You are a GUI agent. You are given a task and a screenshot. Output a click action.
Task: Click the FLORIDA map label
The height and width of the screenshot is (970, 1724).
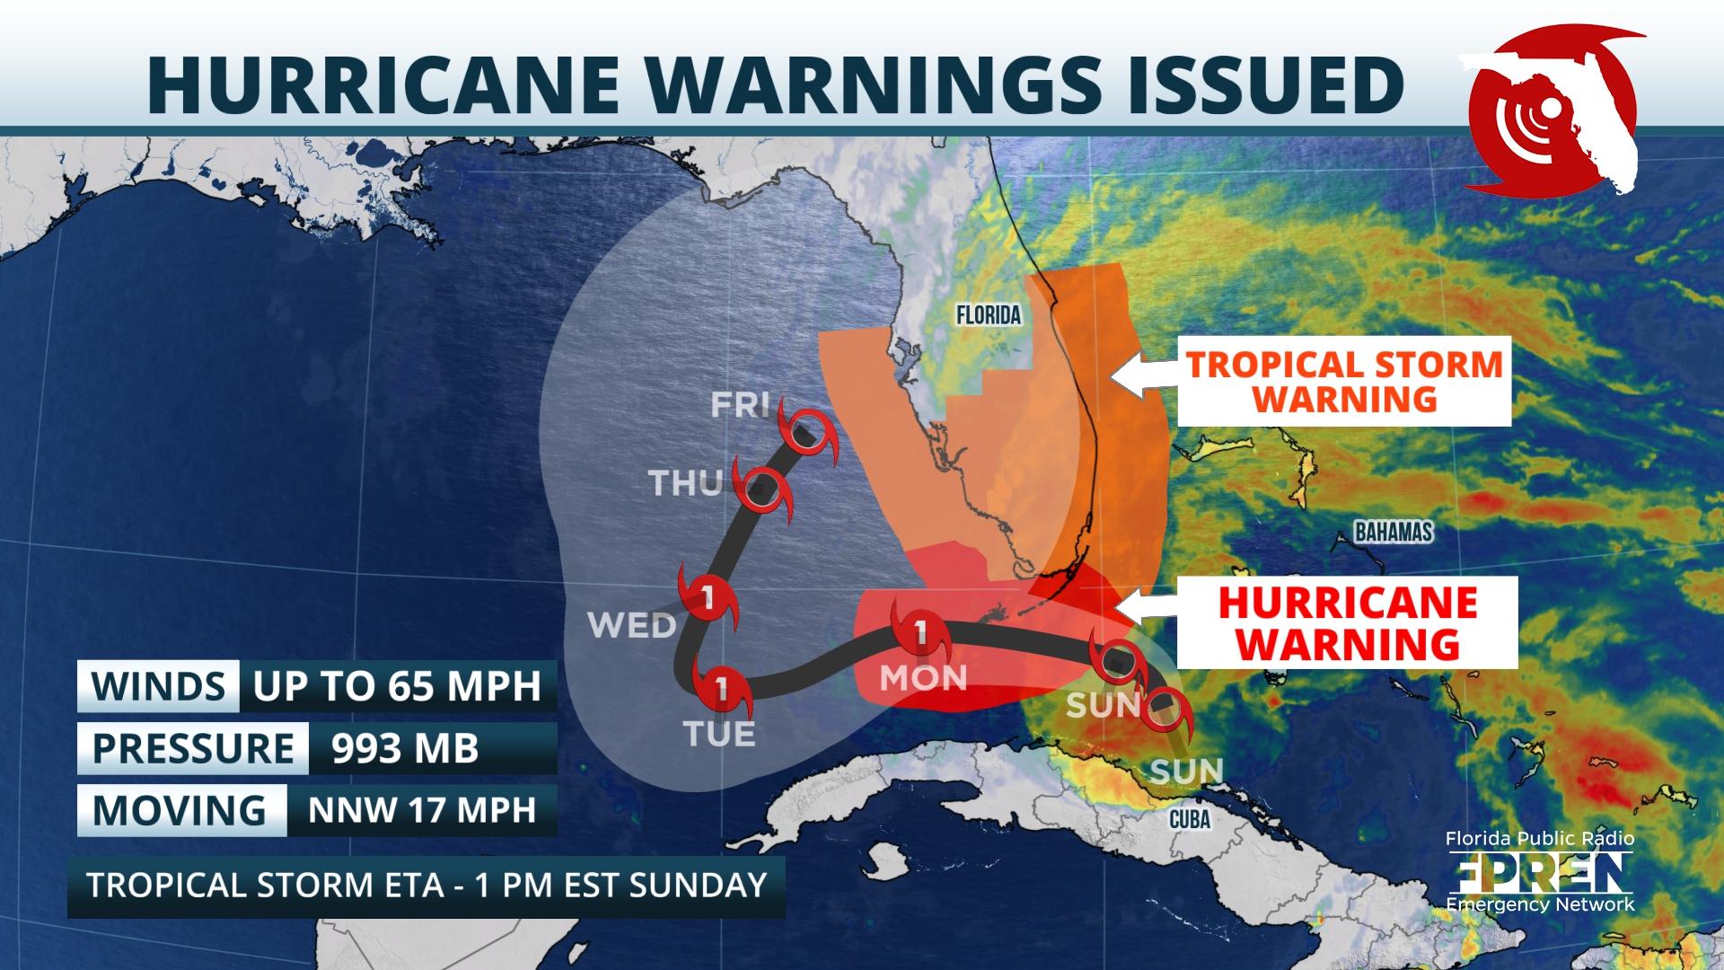[988, 315]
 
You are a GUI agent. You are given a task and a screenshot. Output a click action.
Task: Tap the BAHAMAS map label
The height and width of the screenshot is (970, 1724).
[1393, 533]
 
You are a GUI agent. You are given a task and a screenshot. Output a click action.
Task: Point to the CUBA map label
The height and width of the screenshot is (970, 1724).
[1190, 819]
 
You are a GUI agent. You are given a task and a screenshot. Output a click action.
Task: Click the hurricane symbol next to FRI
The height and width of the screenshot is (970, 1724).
[805, 433]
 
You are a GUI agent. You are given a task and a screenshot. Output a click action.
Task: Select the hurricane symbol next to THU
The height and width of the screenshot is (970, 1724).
[762, 490]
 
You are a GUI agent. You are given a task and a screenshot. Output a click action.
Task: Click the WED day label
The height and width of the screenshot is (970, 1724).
[632, 624]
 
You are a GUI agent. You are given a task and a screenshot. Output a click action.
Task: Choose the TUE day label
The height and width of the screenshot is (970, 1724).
[719, 735]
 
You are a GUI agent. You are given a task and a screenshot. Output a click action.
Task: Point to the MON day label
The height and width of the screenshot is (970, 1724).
[923, 677]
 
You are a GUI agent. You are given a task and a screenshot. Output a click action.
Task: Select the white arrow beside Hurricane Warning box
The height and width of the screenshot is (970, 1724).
[1145, 609]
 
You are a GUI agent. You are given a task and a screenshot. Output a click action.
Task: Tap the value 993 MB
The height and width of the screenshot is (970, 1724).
[405, 748]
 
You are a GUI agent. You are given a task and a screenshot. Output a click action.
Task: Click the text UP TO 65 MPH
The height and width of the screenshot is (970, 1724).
[397, 686]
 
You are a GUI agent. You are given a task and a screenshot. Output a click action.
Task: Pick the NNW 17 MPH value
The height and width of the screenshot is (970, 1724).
[422, 810]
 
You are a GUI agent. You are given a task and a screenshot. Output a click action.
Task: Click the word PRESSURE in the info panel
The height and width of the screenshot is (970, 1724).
[193, 748]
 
